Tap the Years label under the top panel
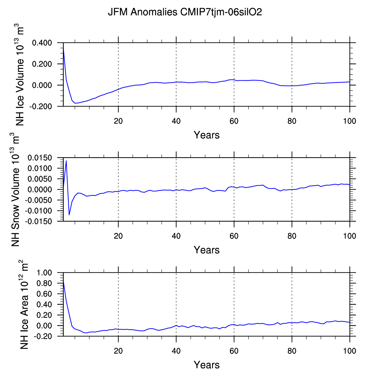(207, 135)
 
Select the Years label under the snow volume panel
(207, 250)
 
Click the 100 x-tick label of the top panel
(350, 121)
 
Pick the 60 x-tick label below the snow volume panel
(234, 236)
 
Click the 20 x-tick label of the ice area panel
(118, 351)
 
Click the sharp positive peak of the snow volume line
(66, 161)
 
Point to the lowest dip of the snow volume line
(69, 215)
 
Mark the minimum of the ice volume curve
(76, 103)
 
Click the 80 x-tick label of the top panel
(292, 121)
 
